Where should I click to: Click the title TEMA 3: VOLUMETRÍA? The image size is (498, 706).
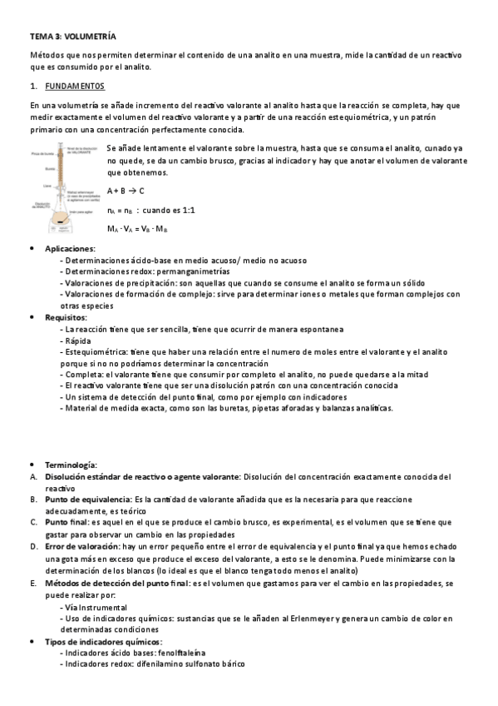click(72, 37)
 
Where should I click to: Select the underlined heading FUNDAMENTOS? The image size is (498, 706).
click(76, 86)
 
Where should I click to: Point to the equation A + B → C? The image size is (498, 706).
click(126, 191)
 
